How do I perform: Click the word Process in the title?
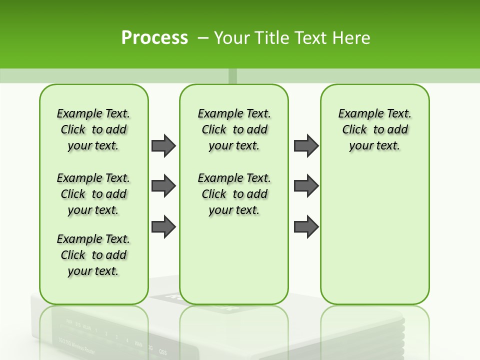154,38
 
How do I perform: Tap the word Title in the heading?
273,38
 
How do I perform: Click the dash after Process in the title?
203,38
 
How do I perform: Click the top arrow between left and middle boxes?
163,145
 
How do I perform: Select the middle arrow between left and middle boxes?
163,186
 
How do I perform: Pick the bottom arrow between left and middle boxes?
163,226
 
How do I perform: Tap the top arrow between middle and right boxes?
306,145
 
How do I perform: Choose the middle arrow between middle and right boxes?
306,186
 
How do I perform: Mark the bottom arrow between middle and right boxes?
306,226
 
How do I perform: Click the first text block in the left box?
93,129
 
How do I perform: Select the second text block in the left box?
93,194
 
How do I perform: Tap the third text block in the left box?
93,255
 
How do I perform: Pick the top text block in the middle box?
234,129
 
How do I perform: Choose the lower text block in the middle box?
234,194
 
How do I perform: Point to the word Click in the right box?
354,130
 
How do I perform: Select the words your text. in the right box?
374,146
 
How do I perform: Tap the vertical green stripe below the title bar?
232,76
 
